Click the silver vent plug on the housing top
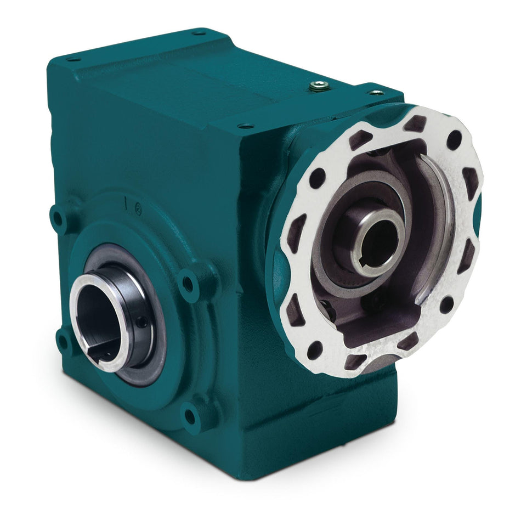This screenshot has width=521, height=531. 318,85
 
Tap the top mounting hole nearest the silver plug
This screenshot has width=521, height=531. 376,93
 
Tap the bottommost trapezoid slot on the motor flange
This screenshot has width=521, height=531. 355,361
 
